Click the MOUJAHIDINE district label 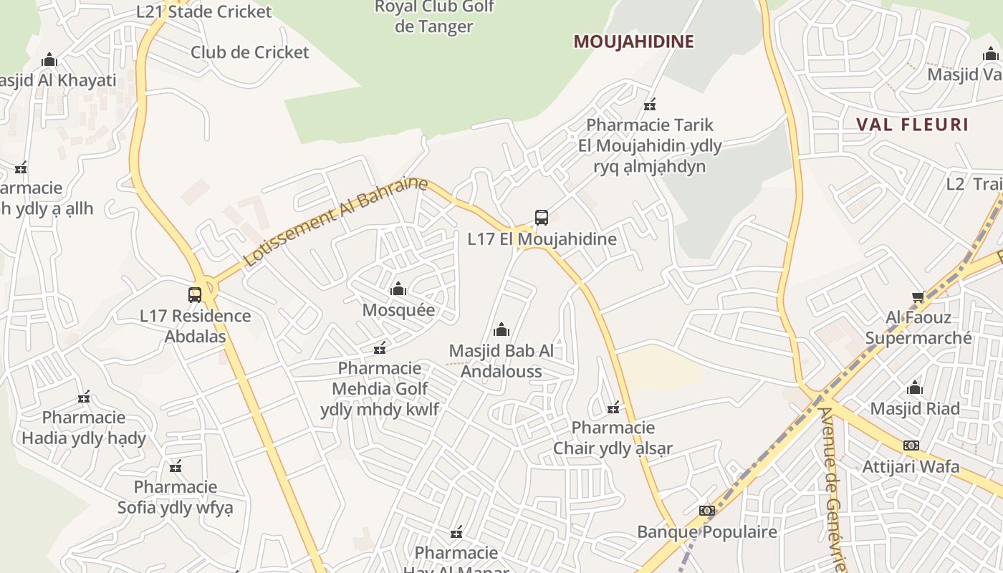[x=633, y=42]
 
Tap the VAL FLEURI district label [x=912, y=125]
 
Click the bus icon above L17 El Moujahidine [x=542, y=217]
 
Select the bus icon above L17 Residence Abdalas [x=195, y=294]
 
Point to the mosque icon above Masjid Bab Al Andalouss [x=501, y=329]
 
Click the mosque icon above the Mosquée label [x=398, y=289]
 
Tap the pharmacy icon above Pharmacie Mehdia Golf [x=380, y=348]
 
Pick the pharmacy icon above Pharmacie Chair [x=613, y=408]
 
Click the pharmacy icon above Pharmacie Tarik [x=650, y=105]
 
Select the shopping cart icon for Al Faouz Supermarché [x=918, y=297]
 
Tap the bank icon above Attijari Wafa [x=911, y=446]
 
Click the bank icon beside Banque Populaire [x=707, y=511]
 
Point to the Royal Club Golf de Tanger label [x=434, y=17]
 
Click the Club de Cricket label [x=249, y=52]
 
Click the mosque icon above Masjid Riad [x=915, y=388]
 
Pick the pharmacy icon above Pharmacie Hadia [x=84, y=397]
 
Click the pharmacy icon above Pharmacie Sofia [x=176, y=467]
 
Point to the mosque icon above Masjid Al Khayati [x=49, y=59]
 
